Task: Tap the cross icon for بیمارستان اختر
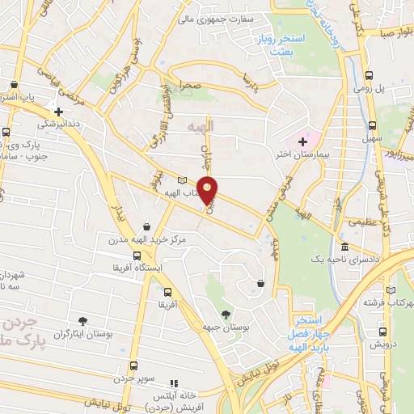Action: (x=302, y=142)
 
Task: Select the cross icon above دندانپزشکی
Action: (x=58, y=112)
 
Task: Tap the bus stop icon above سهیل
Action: (x=372, y=126)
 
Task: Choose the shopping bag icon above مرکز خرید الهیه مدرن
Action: (x=146, y=227)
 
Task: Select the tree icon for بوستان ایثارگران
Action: (x=82, y=321)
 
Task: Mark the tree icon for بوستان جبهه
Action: (x=226, y=313)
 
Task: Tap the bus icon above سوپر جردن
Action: (x=134, y=366)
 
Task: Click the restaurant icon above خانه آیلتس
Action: (x=171, y=383)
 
